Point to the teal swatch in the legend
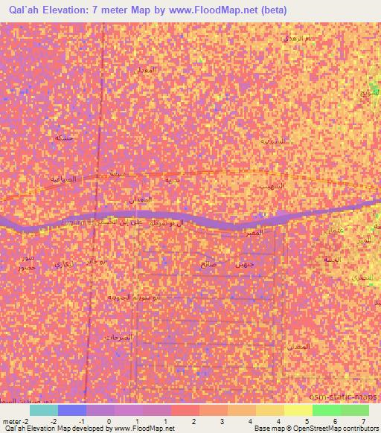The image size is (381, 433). [x=44, y=410]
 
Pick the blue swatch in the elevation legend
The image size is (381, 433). [x=72, y=410]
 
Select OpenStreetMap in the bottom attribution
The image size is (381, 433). [x=321, y=429]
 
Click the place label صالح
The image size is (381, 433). [x=208, y=263]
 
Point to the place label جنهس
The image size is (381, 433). [x=244, y=264]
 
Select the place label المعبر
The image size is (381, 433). [x=269, y=234]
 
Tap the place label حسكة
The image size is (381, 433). [x=65, y=138]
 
